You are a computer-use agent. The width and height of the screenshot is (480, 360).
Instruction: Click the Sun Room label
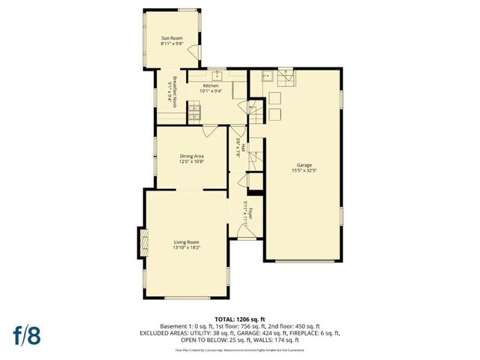click(171, 37)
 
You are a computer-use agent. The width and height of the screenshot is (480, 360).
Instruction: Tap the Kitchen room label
click(211, 86)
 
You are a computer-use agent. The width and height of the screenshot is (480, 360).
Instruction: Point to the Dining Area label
click(192, 156)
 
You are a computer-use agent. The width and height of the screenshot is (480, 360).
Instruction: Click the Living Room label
click(187, 241)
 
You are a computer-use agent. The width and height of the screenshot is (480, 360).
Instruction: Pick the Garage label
click(304, 165)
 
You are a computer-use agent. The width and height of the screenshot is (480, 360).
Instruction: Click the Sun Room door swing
click(193, 54)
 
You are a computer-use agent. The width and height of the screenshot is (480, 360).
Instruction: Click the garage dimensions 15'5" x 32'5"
click(304, 171)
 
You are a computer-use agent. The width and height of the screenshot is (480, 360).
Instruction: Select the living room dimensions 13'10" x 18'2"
click(187, 247)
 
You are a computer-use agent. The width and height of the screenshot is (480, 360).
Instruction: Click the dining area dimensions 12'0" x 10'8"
click(192, 161)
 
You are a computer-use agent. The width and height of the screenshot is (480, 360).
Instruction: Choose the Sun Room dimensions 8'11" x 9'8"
click(171, 43)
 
